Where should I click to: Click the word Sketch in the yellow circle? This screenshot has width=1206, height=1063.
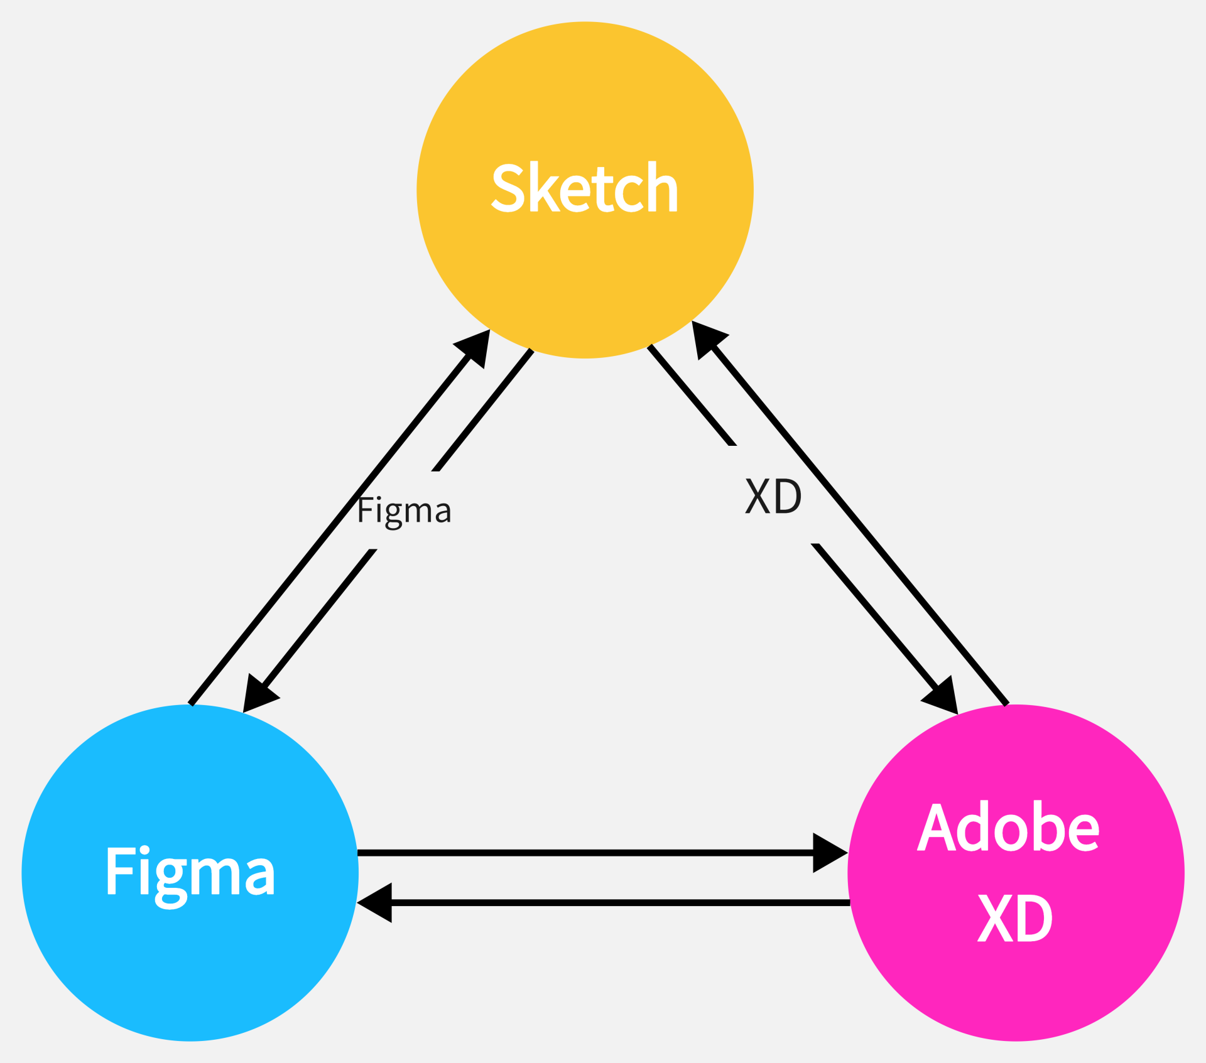pos(584,188)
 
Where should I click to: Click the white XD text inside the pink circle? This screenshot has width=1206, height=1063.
pos(1014,918)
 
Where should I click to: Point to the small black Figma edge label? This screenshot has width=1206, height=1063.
pos(404,511)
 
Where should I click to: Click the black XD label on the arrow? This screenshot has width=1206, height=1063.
pos(773,497)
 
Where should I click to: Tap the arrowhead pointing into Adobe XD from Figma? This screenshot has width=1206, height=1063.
pos(828,853)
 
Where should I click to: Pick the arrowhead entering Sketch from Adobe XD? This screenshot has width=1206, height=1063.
pos(706,337)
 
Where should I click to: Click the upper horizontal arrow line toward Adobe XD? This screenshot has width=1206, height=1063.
pos(584,853)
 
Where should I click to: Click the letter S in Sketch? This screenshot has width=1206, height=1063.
pos(508,188)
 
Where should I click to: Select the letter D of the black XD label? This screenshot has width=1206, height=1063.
pos(789,497)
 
